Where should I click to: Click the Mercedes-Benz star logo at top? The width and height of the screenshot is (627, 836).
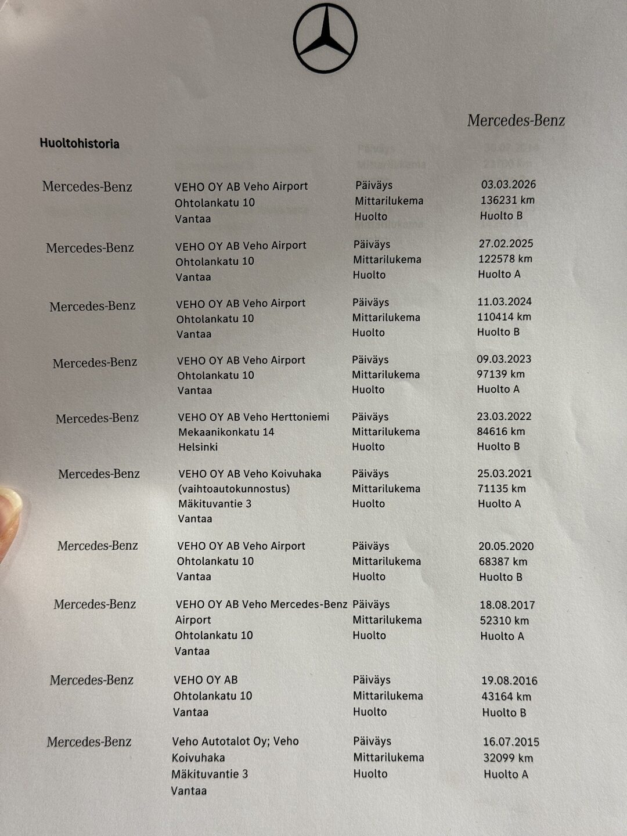tap(325, 38)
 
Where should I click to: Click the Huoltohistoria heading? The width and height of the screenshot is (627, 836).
tap(80, 143)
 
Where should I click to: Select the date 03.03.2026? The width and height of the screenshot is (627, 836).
tap(508, 185)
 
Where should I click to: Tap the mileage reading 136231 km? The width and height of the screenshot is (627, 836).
tap(507, 200)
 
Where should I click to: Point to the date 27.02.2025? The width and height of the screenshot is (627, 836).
tap(506, 244)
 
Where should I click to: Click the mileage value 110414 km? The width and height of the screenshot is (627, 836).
tap(504, 317)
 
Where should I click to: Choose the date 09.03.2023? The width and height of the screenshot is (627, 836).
tap(504, 359)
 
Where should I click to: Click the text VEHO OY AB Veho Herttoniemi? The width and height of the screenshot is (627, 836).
tap(253, 417)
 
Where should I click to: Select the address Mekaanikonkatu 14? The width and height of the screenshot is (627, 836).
tap(226, 432)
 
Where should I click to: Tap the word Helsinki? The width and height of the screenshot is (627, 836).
tap(198, 447)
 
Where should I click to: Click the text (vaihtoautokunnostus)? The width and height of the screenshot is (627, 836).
tap(234, 489)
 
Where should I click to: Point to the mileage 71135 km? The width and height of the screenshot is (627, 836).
tap(502, 489)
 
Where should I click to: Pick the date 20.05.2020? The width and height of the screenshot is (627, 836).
tap(506, 546)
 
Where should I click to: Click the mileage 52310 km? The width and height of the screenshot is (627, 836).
tap(504, 621)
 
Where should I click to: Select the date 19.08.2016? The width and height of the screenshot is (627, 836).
tap(509, 680)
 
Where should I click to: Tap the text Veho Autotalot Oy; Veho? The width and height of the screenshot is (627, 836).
tap(235, 741)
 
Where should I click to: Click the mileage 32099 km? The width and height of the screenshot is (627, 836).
tap(508, 758)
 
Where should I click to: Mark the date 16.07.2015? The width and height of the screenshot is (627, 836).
tap(511, 742)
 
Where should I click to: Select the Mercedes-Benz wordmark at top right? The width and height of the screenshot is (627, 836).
tap(516, 121)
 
